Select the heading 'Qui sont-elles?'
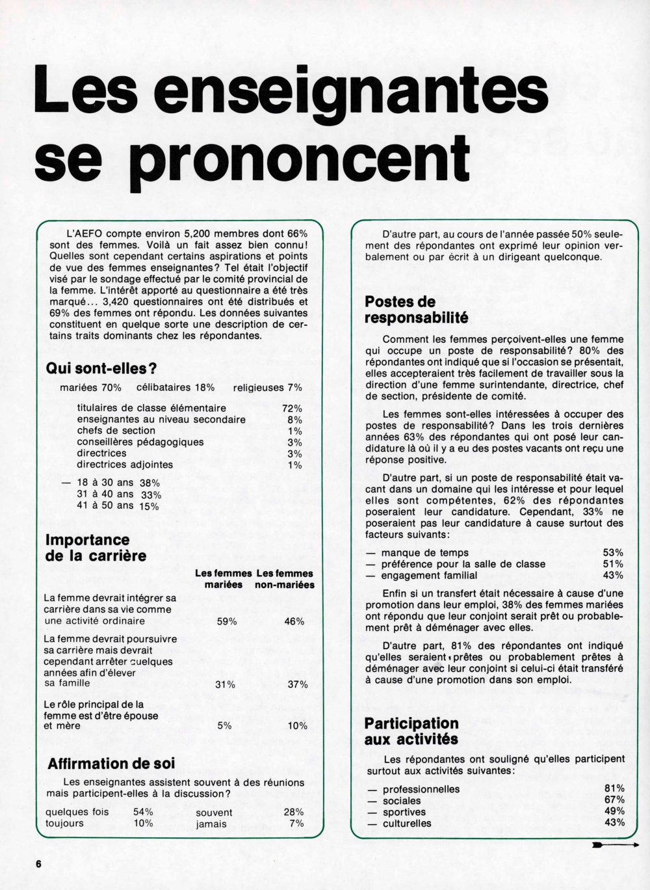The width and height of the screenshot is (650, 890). point(101,368)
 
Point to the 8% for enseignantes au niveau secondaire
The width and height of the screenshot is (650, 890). point(294,420)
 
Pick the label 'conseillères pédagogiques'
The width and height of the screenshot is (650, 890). point(140,442)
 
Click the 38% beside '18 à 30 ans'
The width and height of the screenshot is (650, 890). point(149,483)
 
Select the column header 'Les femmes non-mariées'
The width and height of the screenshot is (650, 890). point(285,579)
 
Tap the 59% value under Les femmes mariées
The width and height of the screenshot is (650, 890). point(226,621)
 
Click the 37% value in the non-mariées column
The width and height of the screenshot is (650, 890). point(298,684)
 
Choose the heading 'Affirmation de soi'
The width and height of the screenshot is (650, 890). point(111,763)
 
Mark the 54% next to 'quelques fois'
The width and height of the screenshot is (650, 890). point(143,812)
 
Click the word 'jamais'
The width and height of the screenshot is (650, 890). point(211,824)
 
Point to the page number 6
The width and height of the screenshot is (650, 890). point(38,863)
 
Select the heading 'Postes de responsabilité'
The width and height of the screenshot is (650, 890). point(416,310)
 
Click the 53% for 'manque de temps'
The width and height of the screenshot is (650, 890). point(614,552)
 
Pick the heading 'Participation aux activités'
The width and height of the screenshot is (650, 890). point(411,731)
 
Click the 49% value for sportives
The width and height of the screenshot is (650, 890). point(614,812)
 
